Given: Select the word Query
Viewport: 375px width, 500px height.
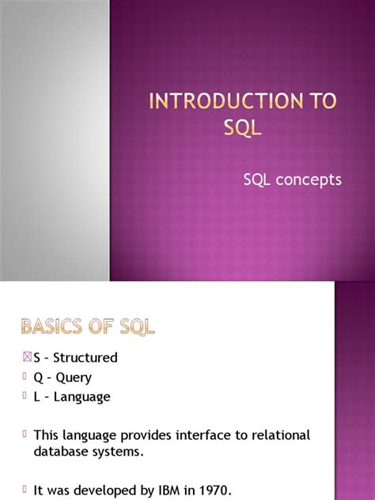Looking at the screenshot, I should pos(74,377).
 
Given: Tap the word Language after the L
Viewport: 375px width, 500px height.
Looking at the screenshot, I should pos(81,397).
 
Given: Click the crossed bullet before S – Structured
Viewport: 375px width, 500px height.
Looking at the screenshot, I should pos(26,357).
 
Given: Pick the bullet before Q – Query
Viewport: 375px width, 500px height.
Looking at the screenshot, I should pos(26,377).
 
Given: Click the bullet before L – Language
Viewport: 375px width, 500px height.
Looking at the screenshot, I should pos(26,396).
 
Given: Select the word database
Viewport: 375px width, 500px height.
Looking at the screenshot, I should pos(62,452).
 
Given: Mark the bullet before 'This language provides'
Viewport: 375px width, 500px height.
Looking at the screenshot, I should pos(26,434).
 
